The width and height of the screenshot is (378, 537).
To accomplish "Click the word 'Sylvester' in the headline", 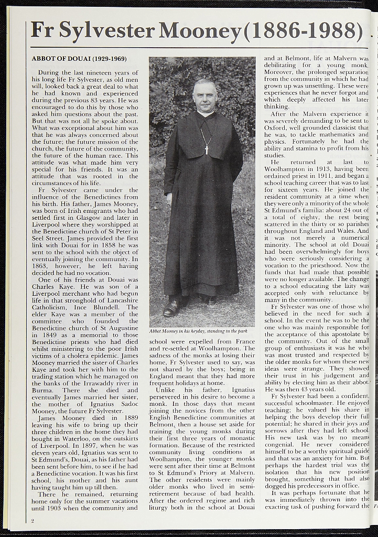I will click(x=107, y=31).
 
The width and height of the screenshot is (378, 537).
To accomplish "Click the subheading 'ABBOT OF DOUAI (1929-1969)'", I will click(x=79, y=58).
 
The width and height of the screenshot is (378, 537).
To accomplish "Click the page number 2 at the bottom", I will click(x=33, y=521).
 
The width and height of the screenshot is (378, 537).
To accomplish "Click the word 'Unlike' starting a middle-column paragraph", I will click(x=165, y=390).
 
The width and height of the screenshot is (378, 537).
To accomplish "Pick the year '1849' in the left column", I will click(x=42, y=335).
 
